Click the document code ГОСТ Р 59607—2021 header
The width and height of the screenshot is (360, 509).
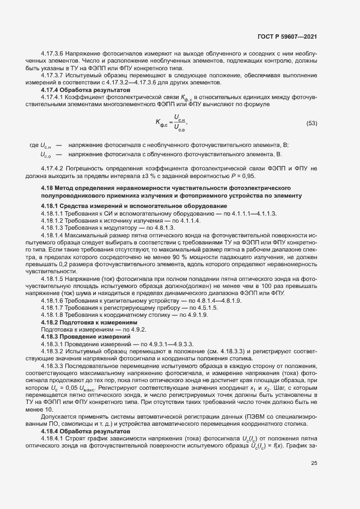[x=287, y=37]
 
